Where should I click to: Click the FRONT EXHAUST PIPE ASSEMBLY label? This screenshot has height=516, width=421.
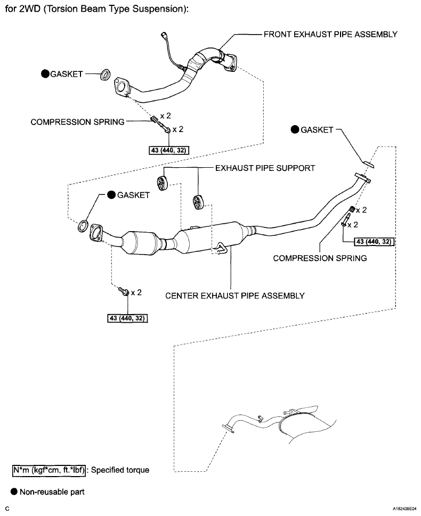330,35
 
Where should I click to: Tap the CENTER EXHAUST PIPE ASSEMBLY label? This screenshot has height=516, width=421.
235,296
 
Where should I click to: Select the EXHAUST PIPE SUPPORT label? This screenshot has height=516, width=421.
265,168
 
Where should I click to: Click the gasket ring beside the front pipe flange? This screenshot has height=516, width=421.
105,73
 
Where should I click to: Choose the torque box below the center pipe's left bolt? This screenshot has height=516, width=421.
127,318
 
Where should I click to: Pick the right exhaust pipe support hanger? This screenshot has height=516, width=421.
198,202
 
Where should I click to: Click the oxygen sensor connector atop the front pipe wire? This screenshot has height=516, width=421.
164,36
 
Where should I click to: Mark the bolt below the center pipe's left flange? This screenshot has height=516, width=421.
124,292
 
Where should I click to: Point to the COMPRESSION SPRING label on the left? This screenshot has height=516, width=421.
78,122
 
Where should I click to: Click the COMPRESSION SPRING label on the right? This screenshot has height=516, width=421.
320,258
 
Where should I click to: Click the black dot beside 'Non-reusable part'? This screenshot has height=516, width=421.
14,492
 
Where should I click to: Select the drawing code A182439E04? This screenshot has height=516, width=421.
399,509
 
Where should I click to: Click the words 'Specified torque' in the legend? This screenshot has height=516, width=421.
121,470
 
